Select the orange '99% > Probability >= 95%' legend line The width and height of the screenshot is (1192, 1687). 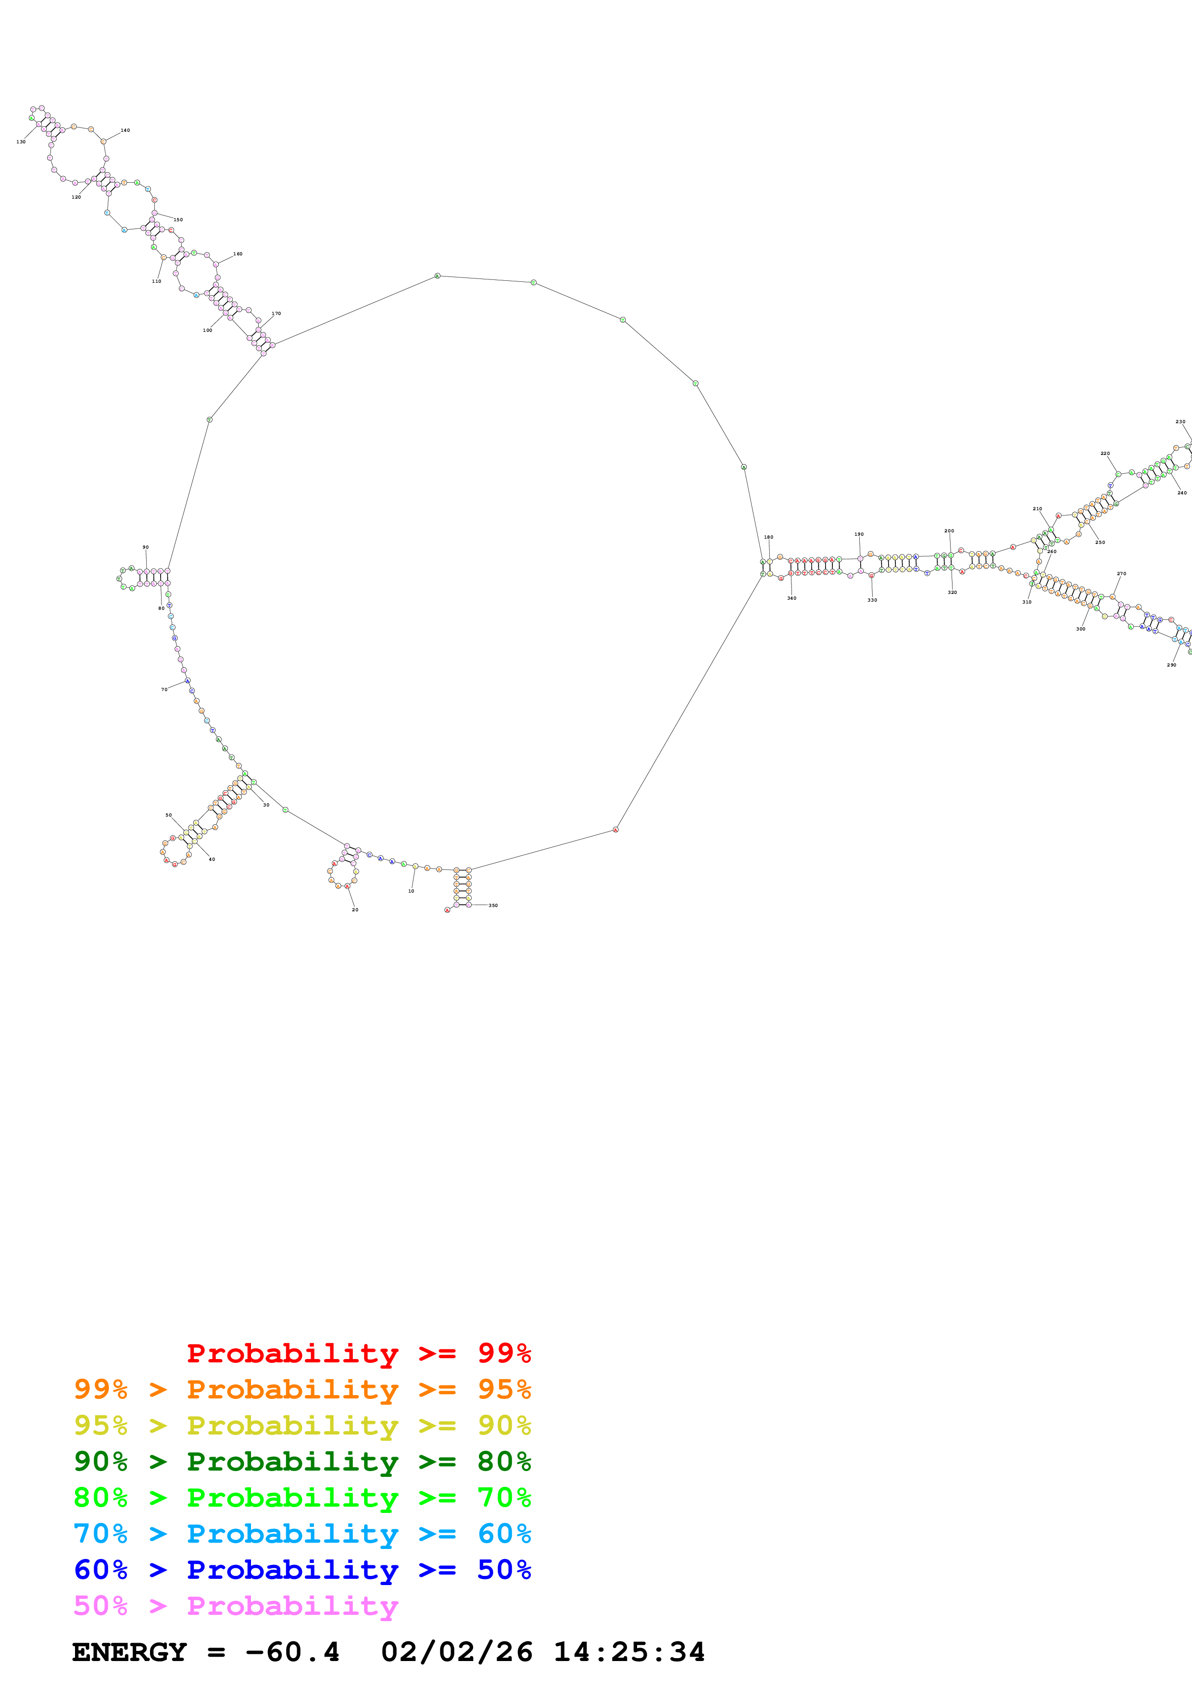coord(302,1389)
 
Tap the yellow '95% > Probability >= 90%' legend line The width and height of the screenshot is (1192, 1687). coord(302,1425)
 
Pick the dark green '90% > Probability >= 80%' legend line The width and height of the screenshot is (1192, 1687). coord(302,1461)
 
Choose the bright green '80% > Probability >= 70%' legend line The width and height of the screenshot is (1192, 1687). coord(302,1498)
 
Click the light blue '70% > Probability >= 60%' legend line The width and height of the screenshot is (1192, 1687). coord(302,1534)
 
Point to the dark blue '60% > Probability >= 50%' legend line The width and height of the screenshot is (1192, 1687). coord(302,1570)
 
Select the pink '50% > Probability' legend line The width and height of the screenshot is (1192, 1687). coord(235,1605)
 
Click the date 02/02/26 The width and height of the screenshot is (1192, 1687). coord(456,1652)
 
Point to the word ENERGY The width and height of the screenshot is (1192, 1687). coord(129,1652)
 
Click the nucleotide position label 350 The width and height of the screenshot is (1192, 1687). coord(493,905)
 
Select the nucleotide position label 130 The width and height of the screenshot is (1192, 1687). coord(21,142)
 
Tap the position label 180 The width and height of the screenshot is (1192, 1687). coord(768,537)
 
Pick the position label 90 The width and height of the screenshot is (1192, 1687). coord(145,547)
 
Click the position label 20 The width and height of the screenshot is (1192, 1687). coord(355,910)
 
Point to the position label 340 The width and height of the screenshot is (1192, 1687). coord(792,598)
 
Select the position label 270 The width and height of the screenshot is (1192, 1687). coord(1121,574)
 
